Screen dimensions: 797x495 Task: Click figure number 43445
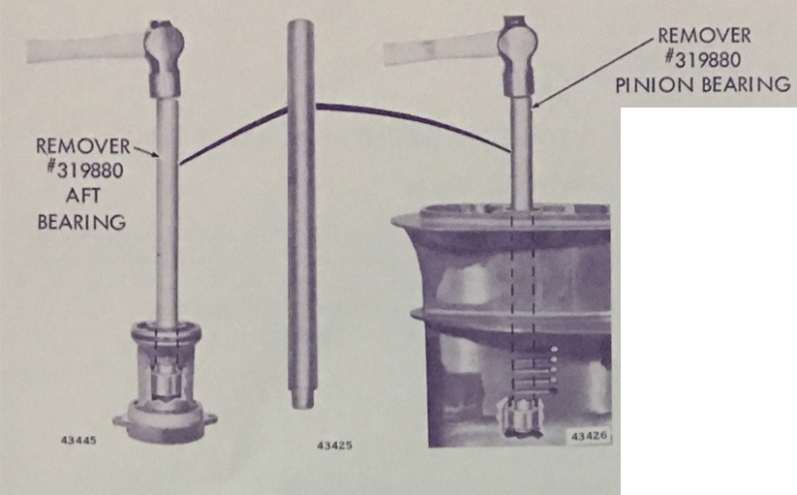click(x=78, y=440)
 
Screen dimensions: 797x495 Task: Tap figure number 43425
click(x=334, y=446)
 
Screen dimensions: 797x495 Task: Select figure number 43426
click(x=589, y=437)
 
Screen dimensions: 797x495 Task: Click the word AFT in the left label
click(x=82, y=196)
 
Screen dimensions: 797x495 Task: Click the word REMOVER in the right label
click(x=704, y=36)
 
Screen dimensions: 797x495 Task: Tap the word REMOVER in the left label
click(x=83, y=146)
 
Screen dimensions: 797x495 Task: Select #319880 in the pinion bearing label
click(x=702, y=60)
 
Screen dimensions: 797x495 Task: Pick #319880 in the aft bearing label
click(x=85, y=170)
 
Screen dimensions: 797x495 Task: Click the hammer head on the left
click(x=164, y=57)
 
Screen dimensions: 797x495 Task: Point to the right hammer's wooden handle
click(x=444, y=48)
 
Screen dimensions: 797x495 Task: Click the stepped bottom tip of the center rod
click(x=302, y=400)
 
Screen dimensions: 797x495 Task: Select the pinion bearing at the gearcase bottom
click(x=520, y=418)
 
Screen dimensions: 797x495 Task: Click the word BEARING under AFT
click(x=82, y=222)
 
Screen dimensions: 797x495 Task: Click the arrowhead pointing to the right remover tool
click(x=536, y=105)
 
